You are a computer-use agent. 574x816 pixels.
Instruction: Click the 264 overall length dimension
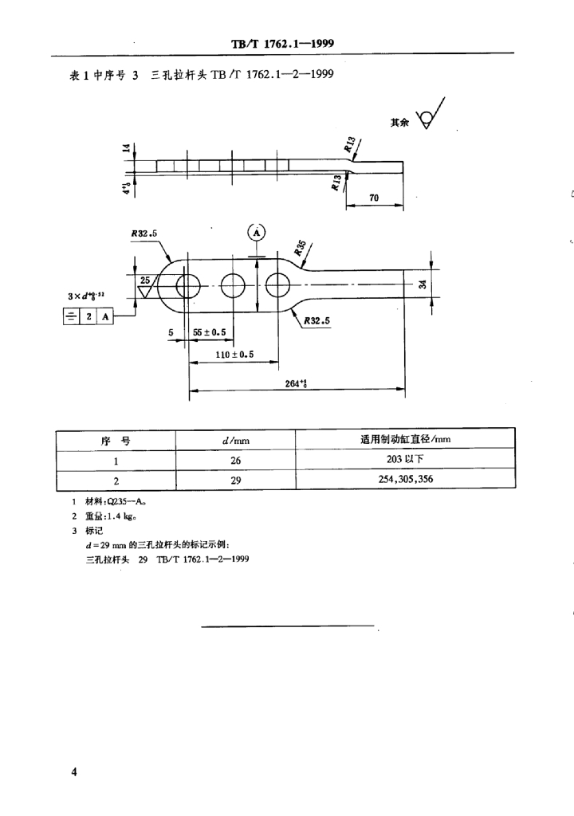pyautogui.click(x=296, y=383)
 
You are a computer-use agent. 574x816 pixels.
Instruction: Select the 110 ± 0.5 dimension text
pyautogui.click(x=229, y=355)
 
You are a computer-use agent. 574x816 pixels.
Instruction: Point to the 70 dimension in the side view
pyautogui.click(x=375, y=198)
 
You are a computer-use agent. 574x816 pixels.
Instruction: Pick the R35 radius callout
pyautogui.click(x=301, y=251)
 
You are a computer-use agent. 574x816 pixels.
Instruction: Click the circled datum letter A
pyautogui.click(x=257, y=233)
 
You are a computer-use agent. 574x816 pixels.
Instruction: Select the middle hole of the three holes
pyautogui.click(x=234, y=285)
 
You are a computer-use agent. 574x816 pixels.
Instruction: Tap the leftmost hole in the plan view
pyautogui.click(x=189, y=285)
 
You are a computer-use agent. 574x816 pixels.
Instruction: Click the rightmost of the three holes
pyautogui.click(x=279, y=285)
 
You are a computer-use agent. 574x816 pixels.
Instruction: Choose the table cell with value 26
pyautogui.click(x=235, y=461)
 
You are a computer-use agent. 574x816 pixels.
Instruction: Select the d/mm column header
pyautogui.click(x=235, y=440)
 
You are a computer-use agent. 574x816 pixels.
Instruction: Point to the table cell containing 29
pyautogui.click(x=235, y=481)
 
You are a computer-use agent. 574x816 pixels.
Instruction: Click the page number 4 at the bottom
pyautogui.click(x=73, y=772)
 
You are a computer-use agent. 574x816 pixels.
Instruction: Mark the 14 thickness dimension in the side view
pyautogui.click(x=126, y=149)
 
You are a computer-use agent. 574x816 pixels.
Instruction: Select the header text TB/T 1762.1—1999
pyautogui.click(x=288, y=45)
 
